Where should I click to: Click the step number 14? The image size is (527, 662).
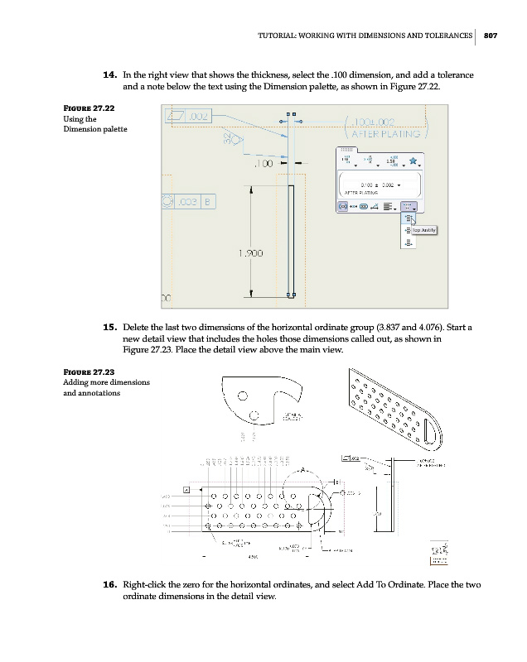point(108,75)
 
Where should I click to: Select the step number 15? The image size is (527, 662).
point(108,328)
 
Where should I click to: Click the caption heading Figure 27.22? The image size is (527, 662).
point(87,108)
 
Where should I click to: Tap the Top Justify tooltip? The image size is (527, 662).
point(423,230)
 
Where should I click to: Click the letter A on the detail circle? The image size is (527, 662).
point(302,469)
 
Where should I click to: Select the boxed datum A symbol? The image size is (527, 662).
point(186,490)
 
